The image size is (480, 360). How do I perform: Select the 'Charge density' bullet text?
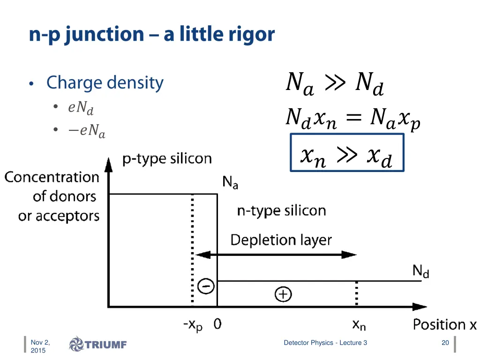[x=105, y=83]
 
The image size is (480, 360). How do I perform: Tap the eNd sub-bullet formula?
[x=81, y=108]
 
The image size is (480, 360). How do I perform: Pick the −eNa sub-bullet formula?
[x=86, y=130]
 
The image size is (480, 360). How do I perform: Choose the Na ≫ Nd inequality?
[x=335, y=83]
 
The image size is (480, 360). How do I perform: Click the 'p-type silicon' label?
[x=167, y=159]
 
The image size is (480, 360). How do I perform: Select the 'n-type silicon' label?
[x=281, y=211]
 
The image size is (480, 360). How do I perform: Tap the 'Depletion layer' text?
[x=281, y=240]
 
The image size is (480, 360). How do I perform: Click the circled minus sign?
[x=206, y=286]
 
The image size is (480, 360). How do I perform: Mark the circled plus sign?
[x=283, y=294]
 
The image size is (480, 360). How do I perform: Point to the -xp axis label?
[x=193, y=325]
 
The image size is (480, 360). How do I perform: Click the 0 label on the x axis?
[x=217, y=324]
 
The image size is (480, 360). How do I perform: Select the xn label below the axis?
[x=359, y=324]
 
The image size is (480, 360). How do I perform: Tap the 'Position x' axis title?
[x=444, y=324]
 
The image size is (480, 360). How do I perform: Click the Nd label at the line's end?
[x=420, y=271]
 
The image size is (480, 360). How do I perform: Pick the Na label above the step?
[x=230, y=182]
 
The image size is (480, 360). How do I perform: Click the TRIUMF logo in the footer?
[x=98, y=345]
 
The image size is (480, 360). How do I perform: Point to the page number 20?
[x=445, y=343]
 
